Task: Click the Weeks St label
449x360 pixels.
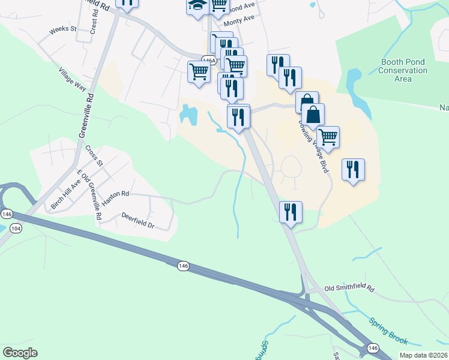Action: pyautogui.click(x=63, y=29)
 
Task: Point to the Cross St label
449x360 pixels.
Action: pyautogui.click(x=95, y=155)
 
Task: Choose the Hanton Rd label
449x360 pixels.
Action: pyautogui.click(x=115, y=198)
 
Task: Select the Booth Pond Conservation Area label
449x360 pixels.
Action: pyautogui.click(x=403, y=70)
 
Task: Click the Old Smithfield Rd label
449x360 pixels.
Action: pyautogui.click(x=349, y=289)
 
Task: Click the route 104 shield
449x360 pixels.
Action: pyautogui.click(x=16, y=229)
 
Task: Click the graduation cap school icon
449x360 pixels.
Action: pyautogui.click(x=197, y=6)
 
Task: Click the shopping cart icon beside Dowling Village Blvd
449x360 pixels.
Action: pyautogui.click(x=328, y=137)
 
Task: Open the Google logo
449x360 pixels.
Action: pyautogui.click(x=20, y=352)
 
